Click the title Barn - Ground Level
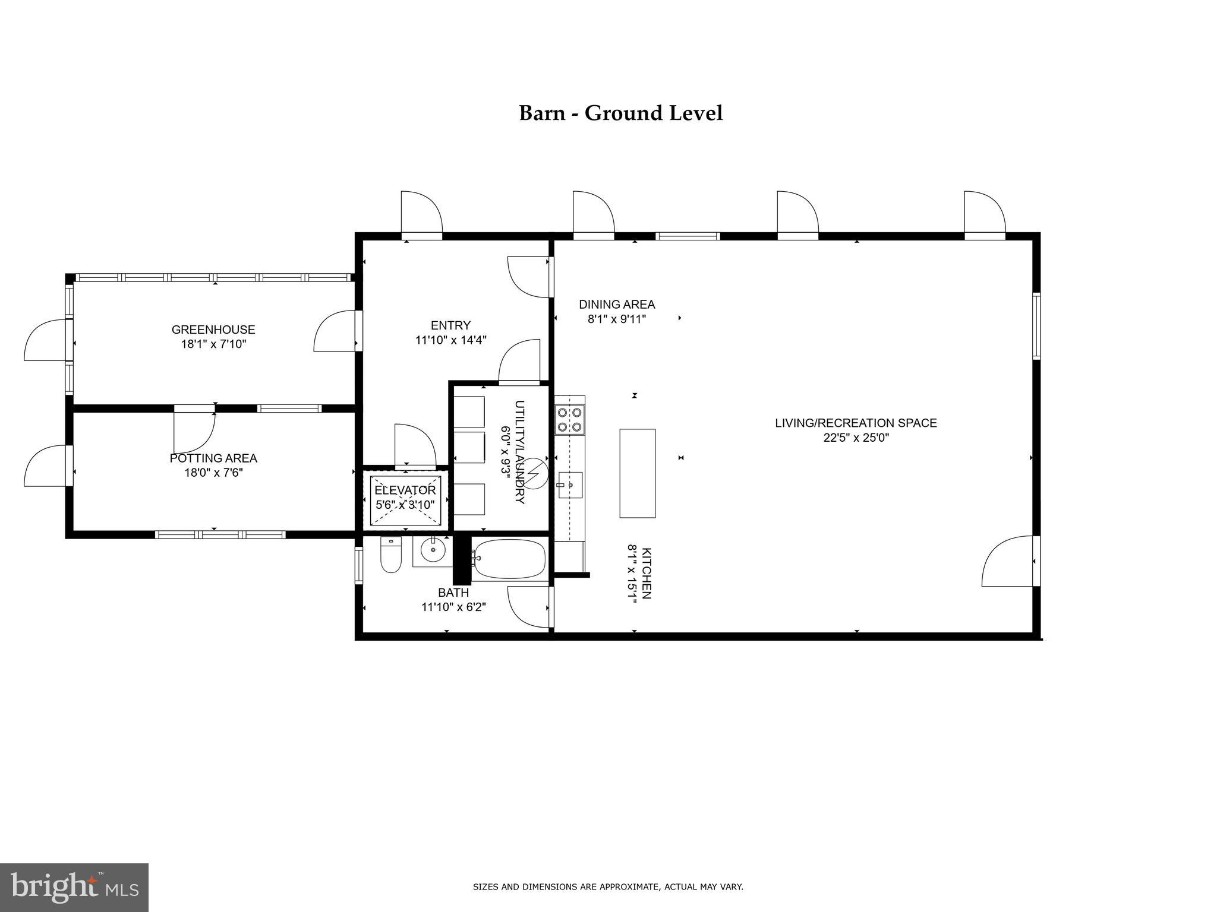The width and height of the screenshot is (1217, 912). (x=620, y=113)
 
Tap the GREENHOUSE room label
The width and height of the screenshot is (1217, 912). (x=213, y=330)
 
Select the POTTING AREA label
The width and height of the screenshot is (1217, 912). (x=213, y=458)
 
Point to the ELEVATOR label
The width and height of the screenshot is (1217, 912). (x=405, y=490)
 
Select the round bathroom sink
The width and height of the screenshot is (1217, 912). (x=433, y=551)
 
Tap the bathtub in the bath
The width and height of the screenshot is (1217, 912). (x=510, y=559)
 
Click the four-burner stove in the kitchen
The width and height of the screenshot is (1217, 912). (x=569, y=419)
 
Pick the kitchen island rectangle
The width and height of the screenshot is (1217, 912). (x=637, y=473)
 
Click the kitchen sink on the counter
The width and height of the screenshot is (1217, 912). (x=570, y=485)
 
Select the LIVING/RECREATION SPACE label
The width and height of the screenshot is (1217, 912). (x=856, y=423)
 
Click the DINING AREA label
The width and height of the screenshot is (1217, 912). (x=617, y=305)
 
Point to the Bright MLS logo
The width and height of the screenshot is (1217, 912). (x=74, y=888)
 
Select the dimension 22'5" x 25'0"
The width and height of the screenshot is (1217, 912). (x=856, y=438)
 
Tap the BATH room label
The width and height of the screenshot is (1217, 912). (x=453, y=593)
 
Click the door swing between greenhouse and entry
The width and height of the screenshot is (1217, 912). (x=335, y=331)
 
